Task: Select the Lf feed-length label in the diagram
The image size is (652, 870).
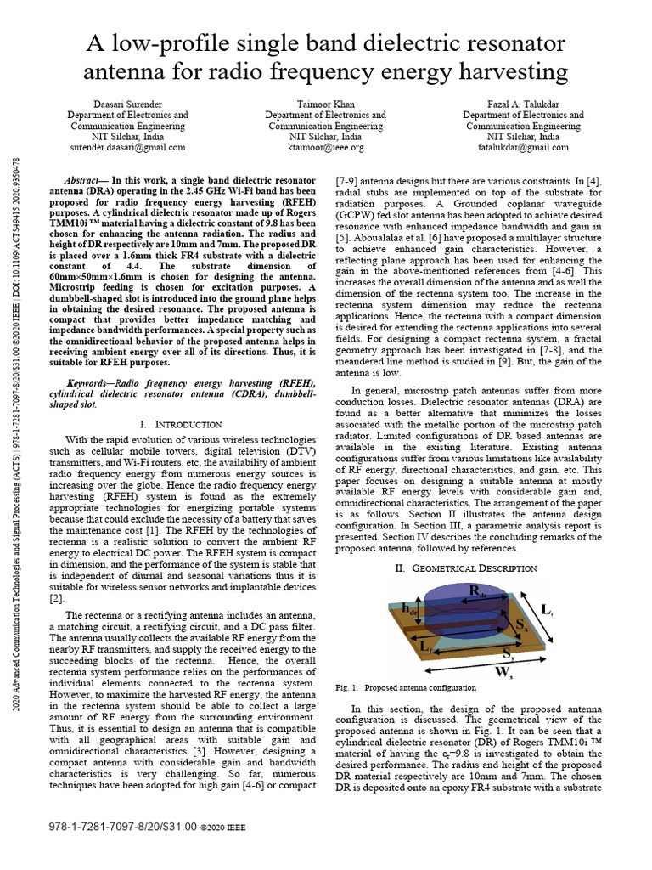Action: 430,648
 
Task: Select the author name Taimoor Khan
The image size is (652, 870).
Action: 325,104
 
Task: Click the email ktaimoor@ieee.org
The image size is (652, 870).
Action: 325,147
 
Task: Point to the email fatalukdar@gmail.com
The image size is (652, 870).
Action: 523,147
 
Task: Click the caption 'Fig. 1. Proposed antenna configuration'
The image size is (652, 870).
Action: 406,687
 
